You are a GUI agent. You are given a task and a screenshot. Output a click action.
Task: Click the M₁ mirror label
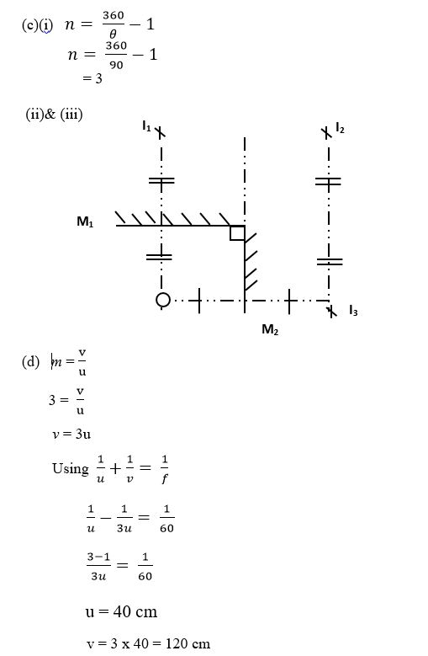[85, 221]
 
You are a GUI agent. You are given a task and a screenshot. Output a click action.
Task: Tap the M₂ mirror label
[270, 329]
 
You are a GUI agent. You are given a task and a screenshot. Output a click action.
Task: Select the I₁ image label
[146, 125]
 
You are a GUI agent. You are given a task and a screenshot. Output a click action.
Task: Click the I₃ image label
[353, 311]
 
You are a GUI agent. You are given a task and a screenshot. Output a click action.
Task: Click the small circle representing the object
[163, 300]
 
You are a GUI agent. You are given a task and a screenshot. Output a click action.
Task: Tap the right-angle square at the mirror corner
[237, 233]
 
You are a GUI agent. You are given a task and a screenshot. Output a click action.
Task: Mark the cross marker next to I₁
[160, 132]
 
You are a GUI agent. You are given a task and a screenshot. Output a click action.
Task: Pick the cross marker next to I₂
[327, 133]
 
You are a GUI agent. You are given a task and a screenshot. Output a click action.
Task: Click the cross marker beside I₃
[331, 312]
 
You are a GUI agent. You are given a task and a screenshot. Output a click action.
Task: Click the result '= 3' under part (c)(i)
[92, 78]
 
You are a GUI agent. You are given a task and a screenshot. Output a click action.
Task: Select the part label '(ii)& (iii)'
[55, 114]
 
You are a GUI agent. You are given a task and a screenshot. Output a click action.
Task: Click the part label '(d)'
[30, 361]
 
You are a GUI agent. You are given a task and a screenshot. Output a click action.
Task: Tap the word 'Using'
[70, 468]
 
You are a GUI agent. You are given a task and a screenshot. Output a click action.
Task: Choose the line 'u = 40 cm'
[121, 611]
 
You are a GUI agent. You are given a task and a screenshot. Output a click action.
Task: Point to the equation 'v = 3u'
[71, 434]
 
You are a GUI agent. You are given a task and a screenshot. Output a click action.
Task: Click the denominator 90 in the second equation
[116, 65]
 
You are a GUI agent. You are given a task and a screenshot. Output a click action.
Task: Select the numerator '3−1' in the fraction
[98, 557]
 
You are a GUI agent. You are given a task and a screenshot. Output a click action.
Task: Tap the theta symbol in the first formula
[113, 34]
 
